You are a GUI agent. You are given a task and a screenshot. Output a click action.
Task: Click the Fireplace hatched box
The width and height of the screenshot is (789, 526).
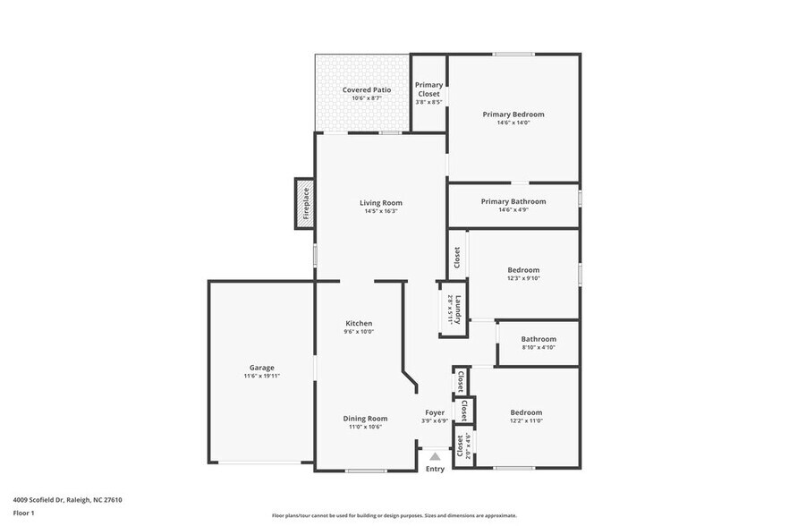pos(304,203)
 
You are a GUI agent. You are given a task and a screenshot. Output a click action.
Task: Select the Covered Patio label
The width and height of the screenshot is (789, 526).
pos(367,90)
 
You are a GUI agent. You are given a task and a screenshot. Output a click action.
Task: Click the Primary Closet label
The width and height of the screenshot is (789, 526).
pos(428,89)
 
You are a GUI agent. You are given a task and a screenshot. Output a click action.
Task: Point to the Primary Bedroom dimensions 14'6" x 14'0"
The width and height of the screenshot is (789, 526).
pos(513,123)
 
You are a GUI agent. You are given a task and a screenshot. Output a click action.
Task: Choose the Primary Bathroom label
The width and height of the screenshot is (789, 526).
pos(513,201)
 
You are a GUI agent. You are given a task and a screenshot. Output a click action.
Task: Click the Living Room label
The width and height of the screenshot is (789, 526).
pos(381,202)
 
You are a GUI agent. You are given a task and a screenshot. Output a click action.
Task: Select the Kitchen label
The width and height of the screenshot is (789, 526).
pos(359,323)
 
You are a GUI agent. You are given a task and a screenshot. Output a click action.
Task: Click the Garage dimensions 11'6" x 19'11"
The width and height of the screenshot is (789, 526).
pos(262,376)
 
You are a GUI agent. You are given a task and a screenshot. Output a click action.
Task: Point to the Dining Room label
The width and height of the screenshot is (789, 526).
pos(365,418)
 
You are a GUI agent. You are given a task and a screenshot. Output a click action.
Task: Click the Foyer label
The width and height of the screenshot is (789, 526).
pos(435,412)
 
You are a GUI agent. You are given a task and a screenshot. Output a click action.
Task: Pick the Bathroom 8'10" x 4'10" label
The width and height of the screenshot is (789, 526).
pos(539,339)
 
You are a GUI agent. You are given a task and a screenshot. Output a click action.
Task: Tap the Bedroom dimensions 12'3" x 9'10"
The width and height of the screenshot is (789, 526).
pos(523,278)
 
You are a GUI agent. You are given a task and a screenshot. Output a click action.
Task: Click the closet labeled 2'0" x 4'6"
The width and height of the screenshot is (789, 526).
pos(462,445)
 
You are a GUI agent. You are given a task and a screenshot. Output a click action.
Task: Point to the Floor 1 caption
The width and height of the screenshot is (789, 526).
pos(23,513)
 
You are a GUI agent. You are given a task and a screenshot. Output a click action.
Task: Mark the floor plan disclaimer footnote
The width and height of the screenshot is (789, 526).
pos(394,516)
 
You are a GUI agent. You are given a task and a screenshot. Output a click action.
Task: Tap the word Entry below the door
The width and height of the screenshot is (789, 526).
pos(435,469)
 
